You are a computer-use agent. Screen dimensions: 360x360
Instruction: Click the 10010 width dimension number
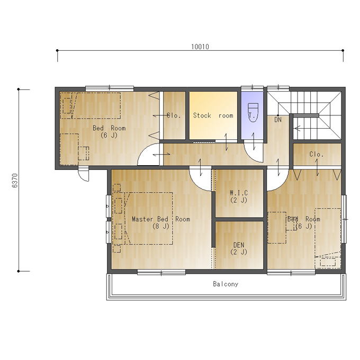[200, 47]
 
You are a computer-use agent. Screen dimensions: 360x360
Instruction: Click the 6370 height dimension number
[15, 181]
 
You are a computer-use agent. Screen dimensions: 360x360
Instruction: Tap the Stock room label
[213, 115]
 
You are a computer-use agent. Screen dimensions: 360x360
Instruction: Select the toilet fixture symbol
[253, 112]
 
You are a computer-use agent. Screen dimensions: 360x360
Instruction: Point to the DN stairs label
[278, 120]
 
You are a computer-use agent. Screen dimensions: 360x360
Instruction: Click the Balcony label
[226, 284]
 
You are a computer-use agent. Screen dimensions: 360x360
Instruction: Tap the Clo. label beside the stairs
[317, 154]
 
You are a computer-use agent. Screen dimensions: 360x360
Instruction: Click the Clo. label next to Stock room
[174, 115]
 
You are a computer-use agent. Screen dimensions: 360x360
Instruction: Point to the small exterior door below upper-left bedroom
[84, 175]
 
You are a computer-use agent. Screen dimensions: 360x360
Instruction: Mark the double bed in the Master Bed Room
[148, 218]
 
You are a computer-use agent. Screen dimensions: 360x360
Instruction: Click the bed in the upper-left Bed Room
[96, 105]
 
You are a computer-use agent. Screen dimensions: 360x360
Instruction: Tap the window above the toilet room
[252, 88]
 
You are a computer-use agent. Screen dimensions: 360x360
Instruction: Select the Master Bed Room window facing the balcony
[161, 273]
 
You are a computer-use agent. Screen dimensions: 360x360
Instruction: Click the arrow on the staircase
[298, 128]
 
